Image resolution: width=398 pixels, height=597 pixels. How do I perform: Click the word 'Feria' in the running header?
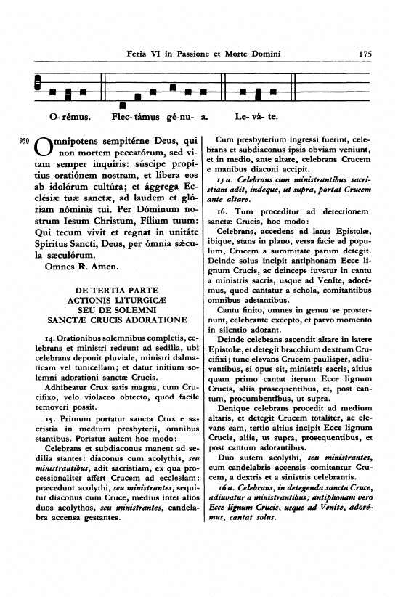tap(138, 53)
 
